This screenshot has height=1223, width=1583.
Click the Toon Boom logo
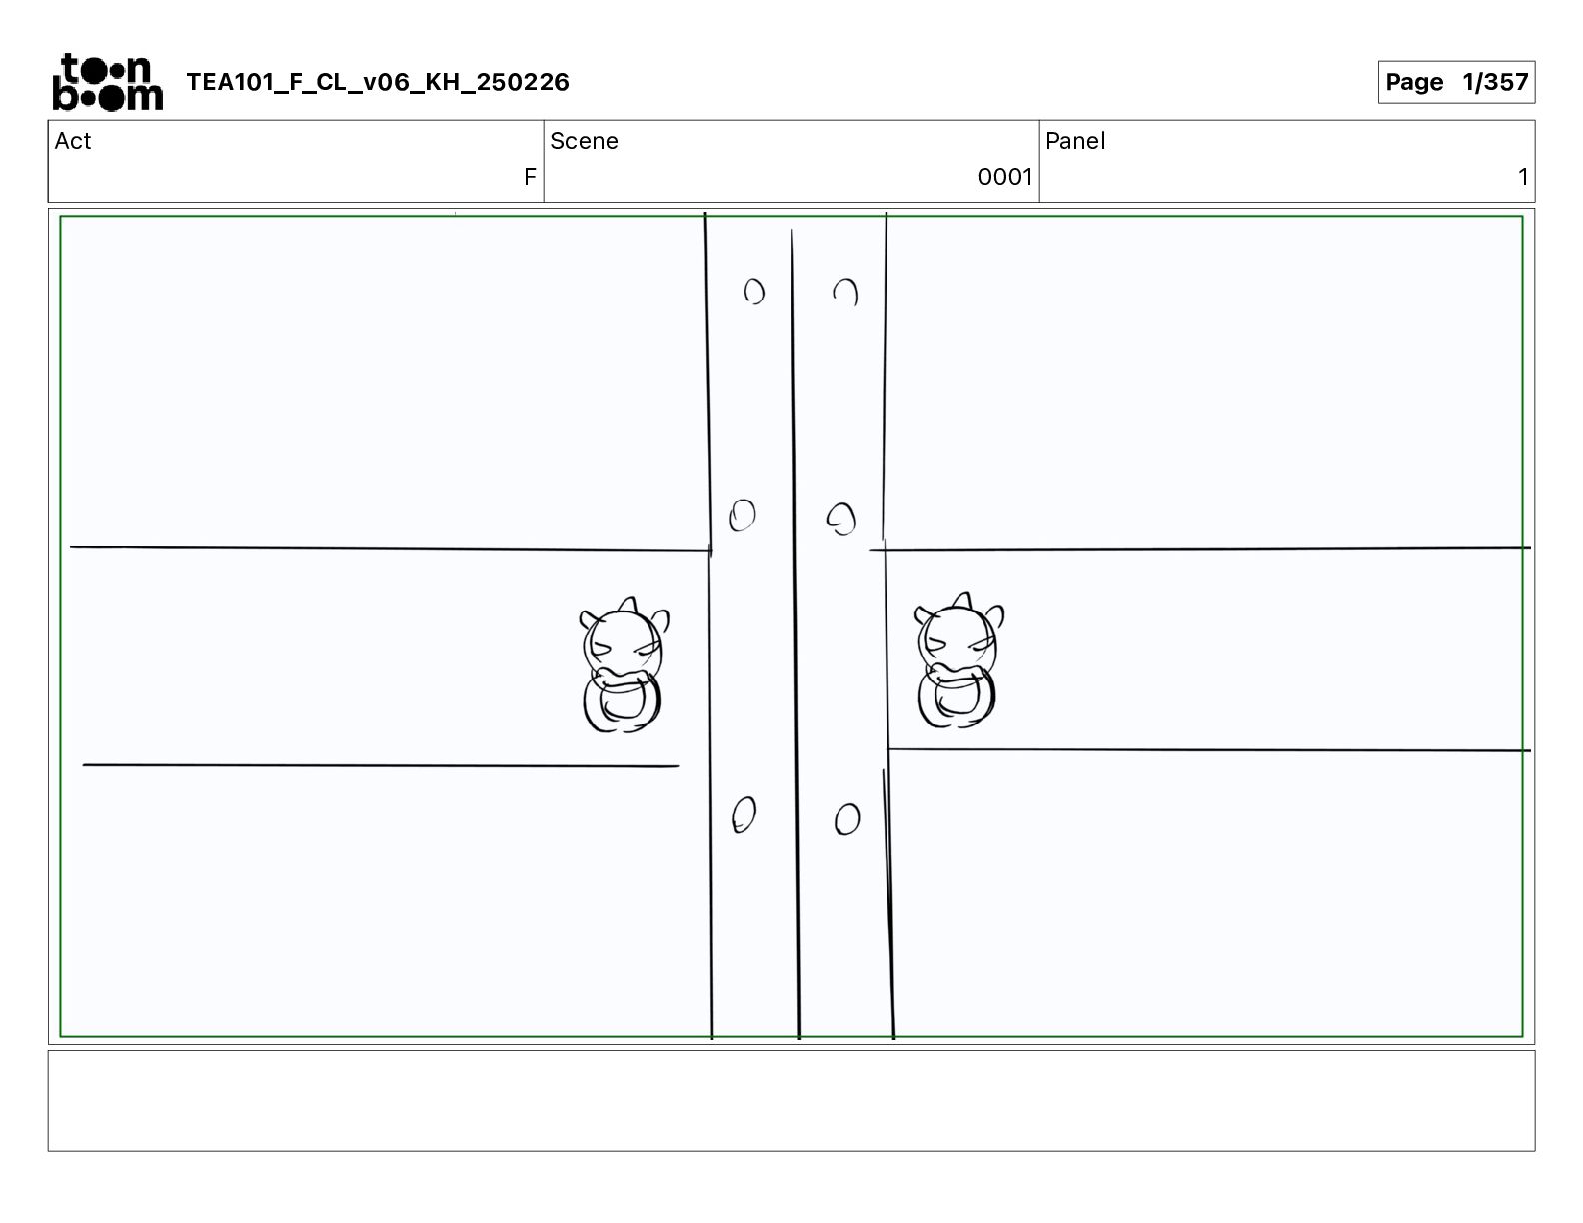[108, 82]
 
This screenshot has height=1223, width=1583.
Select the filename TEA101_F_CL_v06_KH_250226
[378, 82]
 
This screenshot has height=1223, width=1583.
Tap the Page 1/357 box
[1456, 82]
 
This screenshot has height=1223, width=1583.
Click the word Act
[73, 141]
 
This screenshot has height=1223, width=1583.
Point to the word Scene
[584, 141]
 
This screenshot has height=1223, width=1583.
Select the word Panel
[1075, 141]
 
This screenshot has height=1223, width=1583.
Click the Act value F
[530, 176]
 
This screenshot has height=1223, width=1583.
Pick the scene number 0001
[1005, 176]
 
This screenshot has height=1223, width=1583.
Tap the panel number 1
[1522, 176]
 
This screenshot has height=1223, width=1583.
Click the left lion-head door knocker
[623, 664]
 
